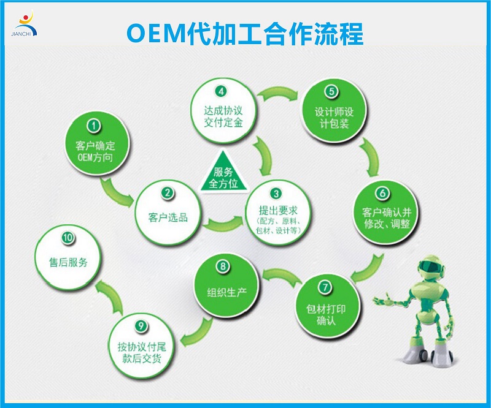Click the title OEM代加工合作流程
[x=245, y=34]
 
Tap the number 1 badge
[x=94, y=126]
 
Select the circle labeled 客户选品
[x=168, y=213]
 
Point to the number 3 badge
[x=276, y=194]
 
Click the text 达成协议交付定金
[x=223, y=116]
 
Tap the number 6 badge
[x=382, y=193]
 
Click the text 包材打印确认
[x=326, y=315]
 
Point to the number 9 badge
[x=141, y=326]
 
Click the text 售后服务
[x=68, y=262]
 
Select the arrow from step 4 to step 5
[x=277, y=93]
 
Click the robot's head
[x=431, y=266]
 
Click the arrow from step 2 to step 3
[x=223, y=223]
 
